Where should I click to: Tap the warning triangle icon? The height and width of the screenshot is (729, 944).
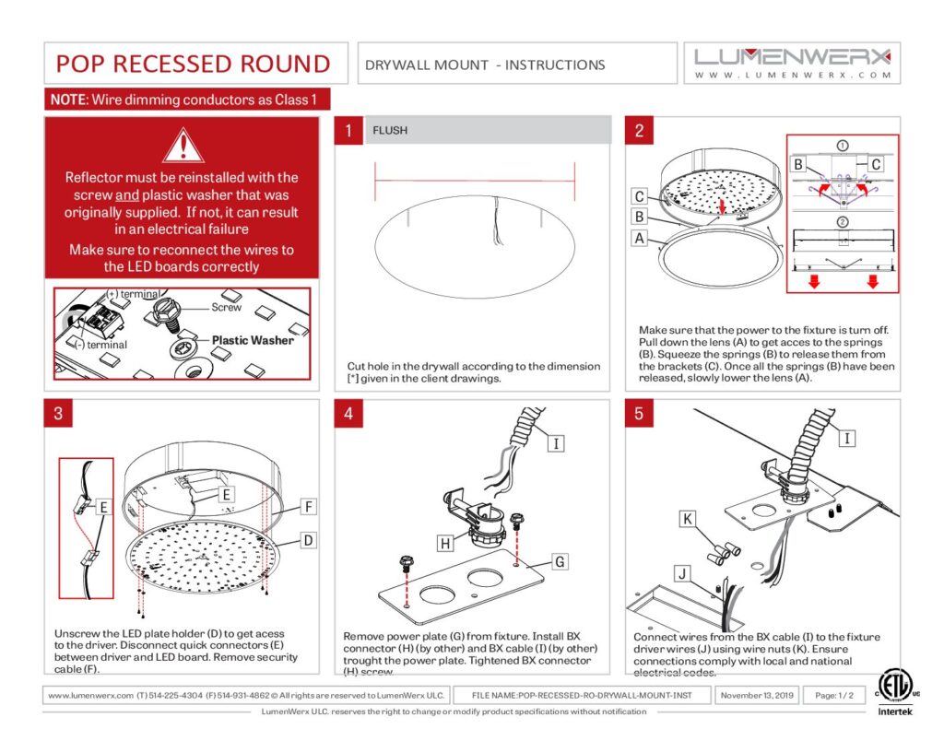tap(182, 146)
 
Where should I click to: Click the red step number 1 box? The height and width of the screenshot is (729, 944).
tap(348, 131)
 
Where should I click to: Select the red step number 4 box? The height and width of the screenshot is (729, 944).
tap(348, 414)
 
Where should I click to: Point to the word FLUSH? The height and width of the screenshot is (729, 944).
tap(389, 131)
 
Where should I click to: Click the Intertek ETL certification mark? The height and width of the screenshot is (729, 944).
tap(893, 690)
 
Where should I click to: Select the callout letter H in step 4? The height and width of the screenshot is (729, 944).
tap(445, 544)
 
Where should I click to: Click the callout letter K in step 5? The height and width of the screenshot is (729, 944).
tap(688, 520)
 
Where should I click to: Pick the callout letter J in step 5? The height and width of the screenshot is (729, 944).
tap(681, 574)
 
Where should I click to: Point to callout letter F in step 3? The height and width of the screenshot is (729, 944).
tap(309, 506)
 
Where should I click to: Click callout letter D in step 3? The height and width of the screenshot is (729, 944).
tap(309, 539)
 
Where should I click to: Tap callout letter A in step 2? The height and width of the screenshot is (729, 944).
tap(637, 237)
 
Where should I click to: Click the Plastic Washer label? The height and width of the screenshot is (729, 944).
tap(253, 340)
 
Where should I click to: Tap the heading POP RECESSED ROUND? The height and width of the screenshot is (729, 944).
tap(193, 64)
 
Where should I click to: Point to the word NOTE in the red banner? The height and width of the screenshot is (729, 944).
tap(67, 100)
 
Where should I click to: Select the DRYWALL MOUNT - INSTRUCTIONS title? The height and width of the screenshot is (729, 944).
tap(485, 65)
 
